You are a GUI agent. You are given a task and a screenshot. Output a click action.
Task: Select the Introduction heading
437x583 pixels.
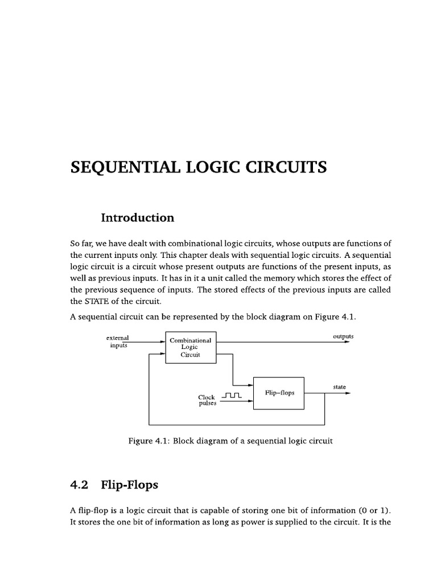pos(137,217)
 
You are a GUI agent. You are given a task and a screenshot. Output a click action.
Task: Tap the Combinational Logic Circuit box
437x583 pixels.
pos(191,347)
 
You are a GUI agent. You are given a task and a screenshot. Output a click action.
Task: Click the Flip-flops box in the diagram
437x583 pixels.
pos(279,393)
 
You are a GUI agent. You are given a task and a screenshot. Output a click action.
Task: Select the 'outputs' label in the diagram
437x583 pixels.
pos(343,336)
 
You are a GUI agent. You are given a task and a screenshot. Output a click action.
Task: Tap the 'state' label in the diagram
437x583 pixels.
pos(339,387)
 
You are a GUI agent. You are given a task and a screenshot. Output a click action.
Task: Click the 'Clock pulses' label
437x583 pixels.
pos(207,400)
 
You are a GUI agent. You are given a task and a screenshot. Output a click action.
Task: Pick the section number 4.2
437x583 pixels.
pos(80,486)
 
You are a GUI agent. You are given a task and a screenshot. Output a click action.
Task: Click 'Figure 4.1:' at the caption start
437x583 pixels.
pos(150,441)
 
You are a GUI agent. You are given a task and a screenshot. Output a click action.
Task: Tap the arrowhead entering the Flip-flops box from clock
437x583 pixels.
pos(250,401)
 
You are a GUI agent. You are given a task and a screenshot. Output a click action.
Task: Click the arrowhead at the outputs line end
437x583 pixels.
pos(348,342)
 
